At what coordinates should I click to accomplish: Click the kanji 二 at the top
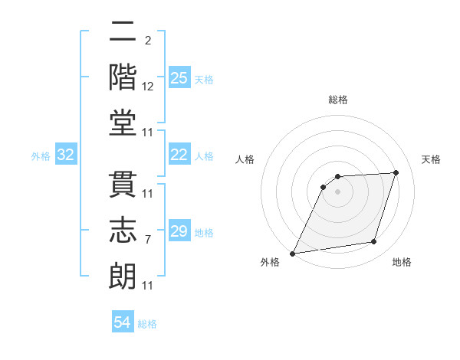coord(123,34)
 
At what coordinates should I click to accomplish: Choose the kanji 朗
coord(123,274)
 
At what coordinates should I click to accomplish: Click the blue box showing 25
coord(179,77)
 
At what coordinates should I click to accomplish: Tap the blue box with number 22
coord(179,155)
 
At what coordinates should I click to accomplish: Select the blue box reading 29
coord(179,231)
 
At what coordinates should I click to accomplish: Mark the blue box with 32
coord(66,155)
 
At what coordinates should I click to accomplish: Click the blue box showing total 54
coord(123,322)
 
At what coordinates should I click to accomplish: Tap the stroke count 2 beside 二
coord(148,40)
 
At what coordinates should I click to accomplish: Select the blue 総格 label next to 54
coord(147,324)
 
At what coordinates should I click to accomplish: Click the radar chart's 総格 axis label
coord(337,100)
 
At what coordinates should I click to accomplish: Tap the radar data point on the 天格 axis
coord(396,172)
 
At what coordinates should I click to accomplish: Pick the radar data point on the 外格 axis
coord(292,254)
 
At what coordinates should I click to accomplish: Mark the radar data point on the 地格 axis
coord(374,242)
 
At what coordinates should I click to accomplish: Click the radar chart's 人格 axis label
coord(245,159)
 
